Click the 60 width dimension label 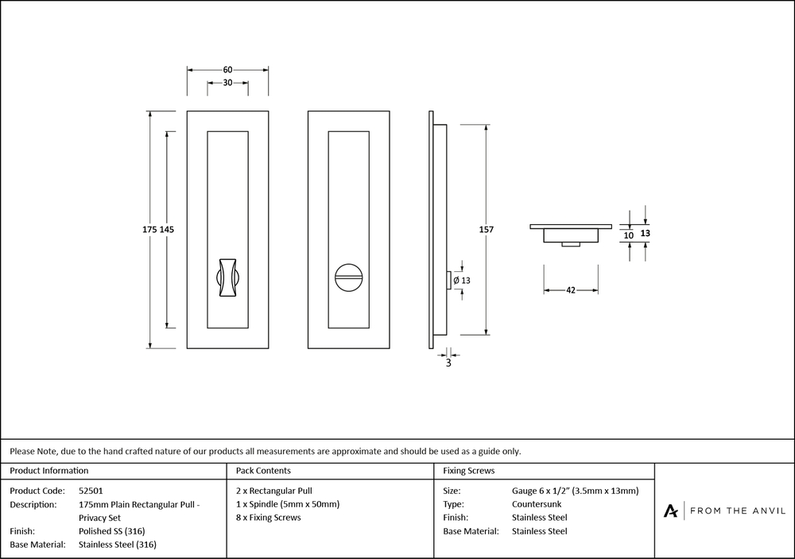coord(227,69)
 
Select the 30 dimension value coord(227,83)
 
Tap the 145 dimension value coord(167,229)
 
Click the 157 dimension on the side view coord(487,229)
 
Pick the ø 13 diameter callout coord(462,280)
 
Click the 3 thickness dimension coord(448,363)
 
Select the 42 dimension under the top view coord(571,291)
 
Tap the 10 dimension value coord(628,235)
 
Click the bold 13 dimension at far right coord(645,234)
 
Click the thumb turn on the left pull coord(227,278)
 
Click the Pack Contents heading coord(263,472)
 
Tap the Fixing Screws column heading coord(468,472)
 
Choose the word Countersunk coord(538,504)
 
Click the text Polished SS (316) coord(112,531)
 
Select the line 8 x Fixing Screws coord(269,518)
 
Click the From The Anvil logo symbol coord(672,510)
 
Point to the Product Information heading coord(48,472)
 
